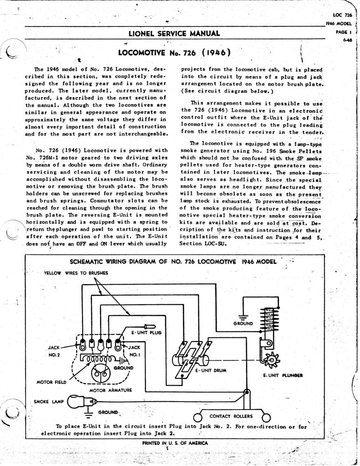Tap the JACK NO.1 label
(x=134, y=351)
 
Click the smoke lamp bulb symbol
(x=80, y=402)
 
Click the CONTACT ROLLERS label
(x=231, y=416)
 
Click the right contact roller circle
(x=266, y=416)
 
